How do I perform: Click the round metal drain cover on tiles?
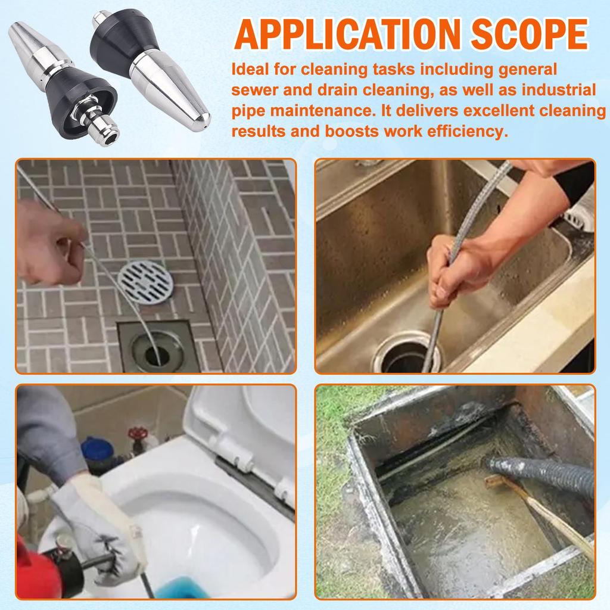[145, 281]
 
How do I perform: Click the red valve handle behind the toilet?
[139, 433]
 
